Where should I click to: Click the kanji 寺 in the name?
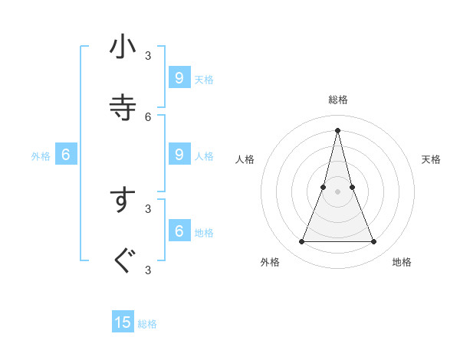(123, 107)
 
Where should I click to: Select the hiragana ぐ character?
(123, 261)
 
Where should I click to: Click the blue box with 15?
(123, 322)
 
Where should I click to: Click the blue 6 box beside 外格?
(66, 155)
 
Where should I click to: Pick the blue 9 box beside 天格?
(179, 77)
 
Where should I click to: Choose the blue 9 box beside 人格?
(179, 154)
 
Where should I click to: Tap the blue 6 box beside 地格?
(179, 231)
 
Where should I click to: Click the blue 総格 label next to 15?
(147, 324)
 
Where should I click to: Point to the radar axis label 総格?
(337, 100)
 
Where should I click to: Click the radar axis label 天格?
(431, 159)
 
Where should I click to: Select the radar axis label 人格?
(245, 159)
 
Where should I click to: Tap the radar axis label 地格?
(402, 262)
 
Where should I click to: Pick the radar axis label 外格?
(270, 262)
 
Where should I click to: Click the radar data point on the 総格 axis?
(337, 129)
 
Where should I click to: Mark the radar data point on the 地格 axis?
(374, 242)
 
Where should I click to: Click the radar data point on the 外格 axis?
(301, 242)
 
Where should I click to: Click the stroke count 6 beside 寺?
(148, 116)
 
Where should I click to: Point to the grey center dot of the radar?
(337, 191)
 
